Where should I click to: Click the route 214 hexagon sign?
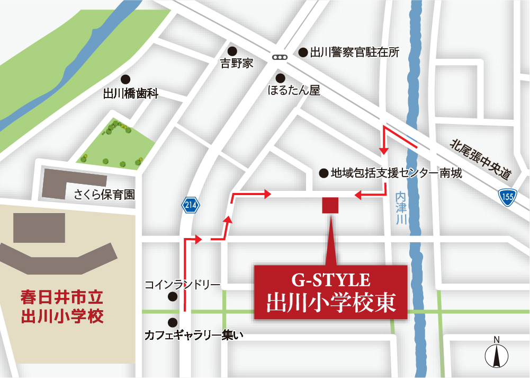tap(191, 205)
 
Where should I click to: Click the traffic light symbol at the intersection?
tap(279, 57)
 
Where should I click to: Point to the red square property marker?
tap(330, 205)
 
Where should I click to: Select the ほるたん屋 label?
tap(294, 91)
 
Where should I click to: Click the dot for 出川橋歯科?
tap(125, 79)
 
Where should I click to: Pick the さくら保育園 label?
tap(104, 195)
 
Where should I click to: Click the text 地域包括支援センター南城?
tap(396, 173)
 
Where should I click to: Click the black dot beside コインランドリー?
tap(172, 297)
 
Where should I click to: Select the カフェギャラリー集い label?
tap(190, 335)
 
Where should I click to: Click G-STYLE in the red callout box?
tap(330, 279)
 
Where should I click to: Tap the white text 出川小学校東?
tap(330, 303)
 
